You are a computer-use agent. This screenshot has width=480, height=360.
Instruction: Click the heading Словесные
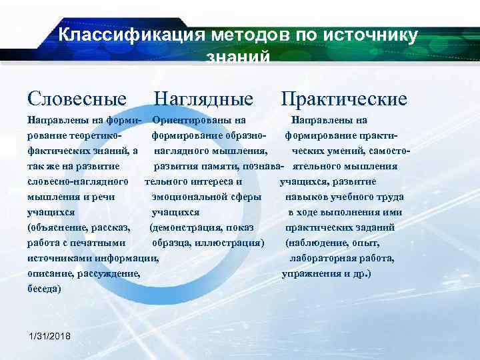click(77, 99)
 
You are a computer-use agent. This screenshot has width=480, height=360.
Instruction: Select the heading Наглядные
click(203, 99)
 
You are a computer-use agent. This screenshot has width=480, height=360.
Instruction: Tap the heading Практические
click(343, 99)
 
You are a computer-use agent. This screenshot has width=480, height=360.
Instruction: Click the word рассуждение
click(109, 273)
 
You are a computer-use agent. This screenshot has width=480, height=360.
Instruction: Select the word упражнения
click(311, 273)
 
